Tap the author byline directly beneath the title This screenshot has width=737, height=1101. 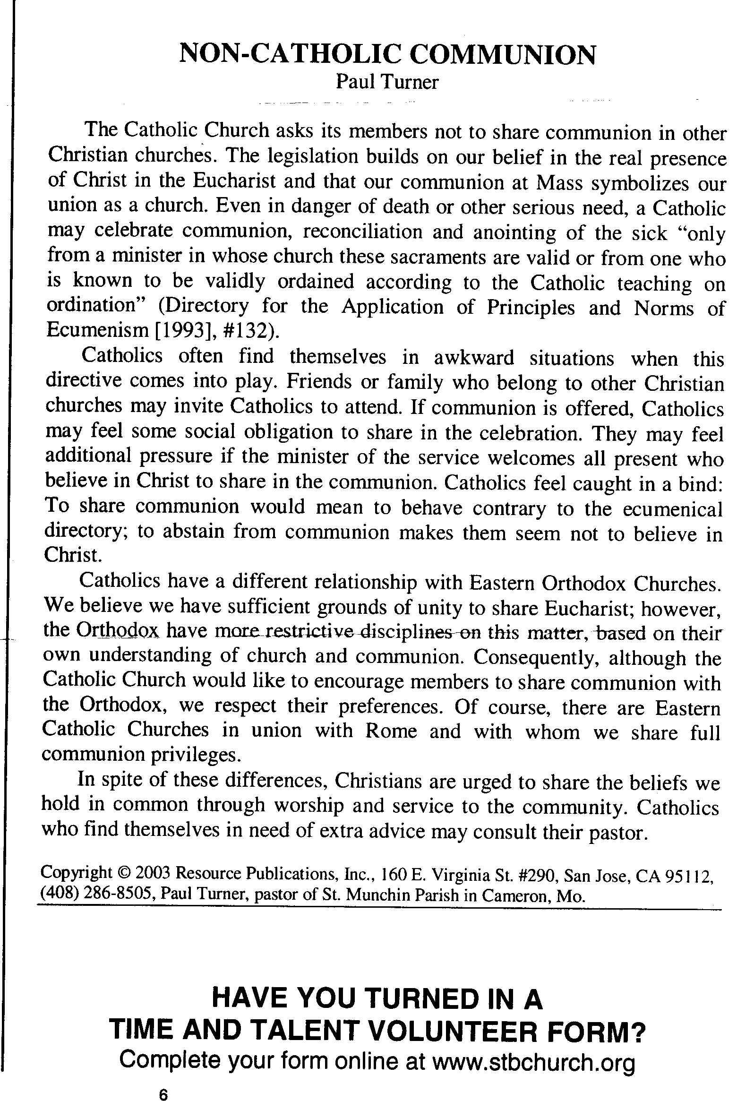tap(387, 82)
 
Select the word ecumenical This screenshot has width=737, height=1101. tap(672, 509)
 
